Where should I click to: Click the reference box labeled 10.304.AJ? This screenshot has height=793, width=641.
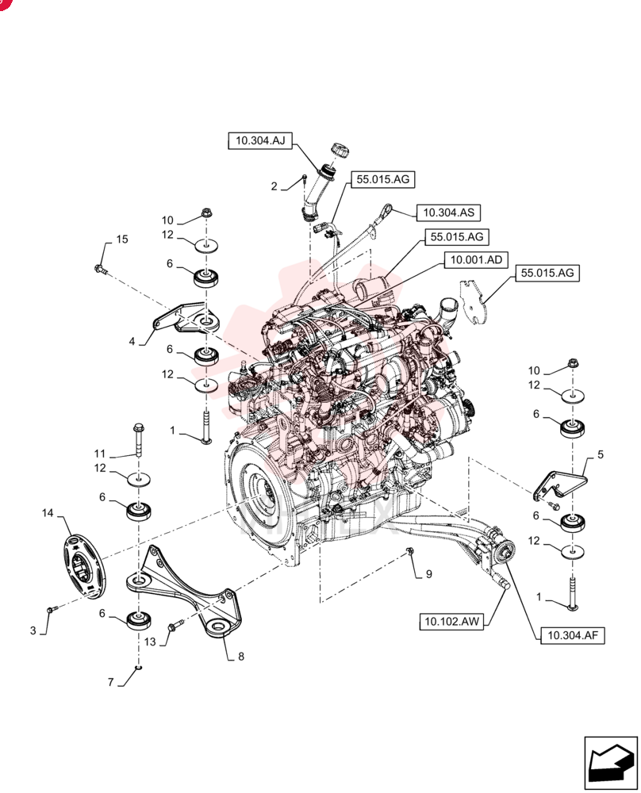260,140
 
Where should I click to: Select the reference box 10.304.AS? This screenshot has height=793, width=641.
448,213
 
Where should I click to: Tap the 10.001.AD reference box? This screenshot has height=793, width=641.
476,260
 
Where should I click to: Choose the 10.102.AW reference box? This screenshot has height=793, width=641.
451,621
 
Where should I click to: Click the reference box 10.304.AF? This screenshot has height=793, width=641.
573,635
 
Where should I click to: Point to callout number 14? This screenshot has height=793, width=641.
48,513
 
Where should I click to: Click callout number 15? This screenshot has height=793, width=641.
122,239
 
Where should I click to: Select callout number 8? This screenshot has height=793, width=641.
241,657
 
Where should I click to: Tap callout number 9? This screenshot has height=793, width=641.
429,574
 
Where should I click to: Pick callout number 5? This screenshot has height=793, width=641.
601,454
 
